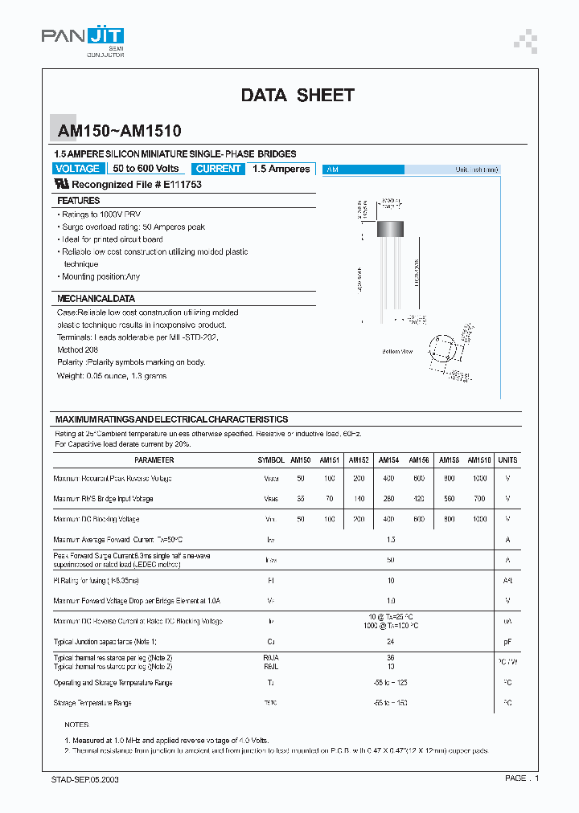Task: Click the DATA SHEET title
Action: tap(298, 95)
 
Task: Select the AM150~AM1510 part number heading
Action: tap(118, 131)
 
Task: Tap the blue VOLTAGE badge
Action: tap(78, 169)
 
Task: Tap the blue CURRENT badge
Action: tap(218, 169)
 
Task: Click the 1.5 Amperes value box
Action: tap(281, 169)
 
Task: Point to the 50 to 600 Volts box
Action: tap(146, 169)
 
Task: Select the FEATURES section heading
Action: tap(79, 201)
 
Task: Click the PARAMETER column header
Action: tap(154, 460)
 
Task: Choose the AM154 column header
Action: tap(389, 460)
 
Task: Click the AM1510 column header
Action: tap(479, 460)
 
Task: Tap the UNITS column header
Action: tap(507, 460)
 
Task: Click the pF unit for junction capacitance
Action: tap(507, 642)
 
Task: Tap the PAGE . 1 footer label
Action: tap(521, 778)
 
